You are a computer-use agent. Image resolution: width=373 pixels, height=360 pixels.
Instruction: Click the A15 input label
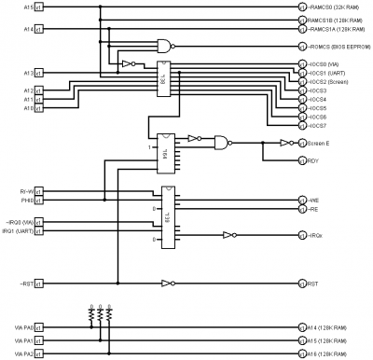tap(29, 7)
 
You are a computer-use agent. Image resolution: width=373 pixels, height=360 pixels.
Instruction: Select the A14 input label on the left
tap(29, 29)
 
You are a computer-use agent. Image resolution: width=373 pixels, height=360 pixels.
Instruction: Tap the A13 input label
tap(29, 72)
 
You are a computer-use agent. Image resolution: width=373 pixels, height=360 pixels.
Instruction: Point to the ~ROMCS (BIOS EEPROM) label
tap(339, 47)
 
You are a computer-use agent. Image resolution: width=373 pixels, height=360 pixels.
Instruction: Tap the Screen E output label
tap(322, 143)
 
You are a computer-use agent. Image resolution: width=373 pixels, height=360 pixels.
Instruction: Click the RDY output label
tap(313, 160)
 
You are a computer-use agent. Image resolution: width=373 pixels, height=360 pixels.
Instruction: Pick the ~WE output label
tap(314, 201)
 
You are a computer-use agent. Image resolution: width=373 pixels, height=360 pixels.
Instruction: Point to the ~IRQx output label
tap(316, 236)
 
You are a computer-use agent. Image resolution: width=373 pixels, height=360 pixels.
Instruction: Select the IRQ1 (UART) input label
tap(21, 230)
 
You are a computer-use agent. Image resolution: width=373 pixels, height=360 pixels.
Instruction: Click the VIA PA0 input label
tap(22, 327)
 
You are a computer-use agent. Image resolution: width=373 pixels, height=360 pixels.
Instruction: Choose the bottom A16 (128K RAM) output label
tap(333, 354)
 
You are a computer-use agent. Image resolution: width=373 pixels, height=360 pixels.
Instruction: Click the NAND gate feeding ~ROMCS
tap(165, 46)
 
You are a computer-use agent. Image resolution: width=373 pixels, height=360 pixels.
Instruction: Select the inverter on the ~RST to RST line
tap(167, 282)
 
